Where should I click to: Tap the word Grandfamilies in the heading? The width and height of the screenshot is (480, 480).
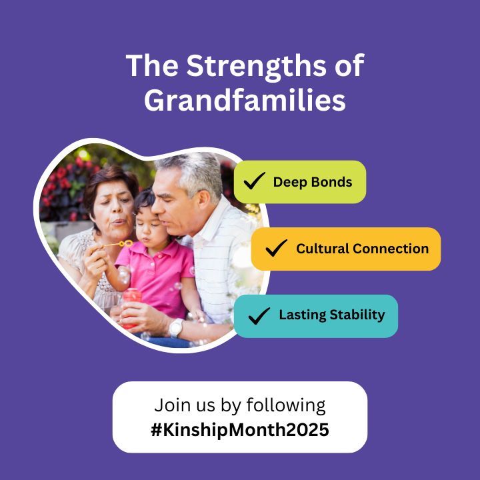(245, 101)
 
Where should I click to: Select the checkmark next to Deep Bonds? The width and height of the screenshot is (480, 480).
(254, 182)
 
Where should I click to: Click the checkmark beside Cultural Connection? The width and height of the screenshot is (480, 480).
(276, 249)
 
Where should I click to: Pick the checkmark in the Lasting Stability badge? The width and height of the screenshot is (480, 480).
(259, 315)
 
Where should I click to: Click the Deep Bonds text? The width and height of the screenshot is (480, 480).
(312, 182)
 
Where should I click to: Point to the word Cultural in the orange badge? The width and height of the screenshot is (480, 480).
(322, 249)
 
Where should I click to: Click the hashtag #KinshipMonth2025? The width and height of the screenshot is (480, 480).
(239, 430)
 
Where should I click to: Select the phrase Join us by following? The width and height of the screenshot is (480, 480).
(239, 405)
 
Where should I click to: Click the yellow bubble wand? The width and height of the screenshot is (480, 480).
(119, 243)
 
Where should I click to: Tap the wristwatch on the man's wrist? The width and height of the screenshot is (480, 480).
(176, 327)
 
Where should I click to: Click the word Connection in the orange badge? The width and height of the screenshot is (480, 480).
(390, 249)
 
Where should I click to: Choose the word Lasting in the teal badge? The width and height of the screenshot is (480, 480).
(301, 315)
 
